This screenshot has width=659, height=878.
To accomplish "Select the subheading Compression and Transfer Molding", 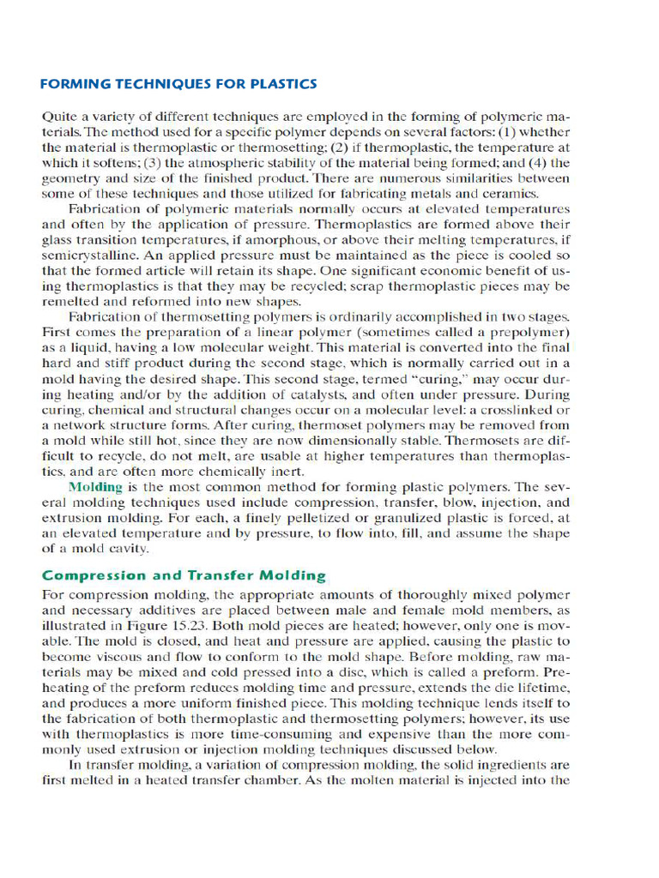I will pos(184,576).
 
